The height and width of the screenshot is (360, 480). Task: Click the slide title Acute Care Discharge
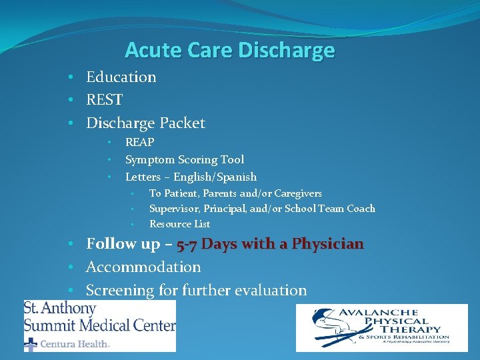pos(229,50)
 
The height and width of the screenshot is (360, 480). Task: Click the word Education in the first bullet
pos(121,77)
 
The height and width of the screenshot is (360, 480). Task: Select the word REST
pos(104,100)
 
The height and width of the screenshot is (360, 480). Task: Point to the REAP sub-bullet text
pos(139,142)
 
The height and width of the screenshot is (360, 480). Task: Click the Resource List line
pos(179,224)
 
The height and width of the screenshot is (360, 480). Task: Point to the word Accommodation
pos(143,267)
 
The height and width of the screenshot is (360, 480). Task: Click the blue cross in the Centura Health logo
pos(31,344)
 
